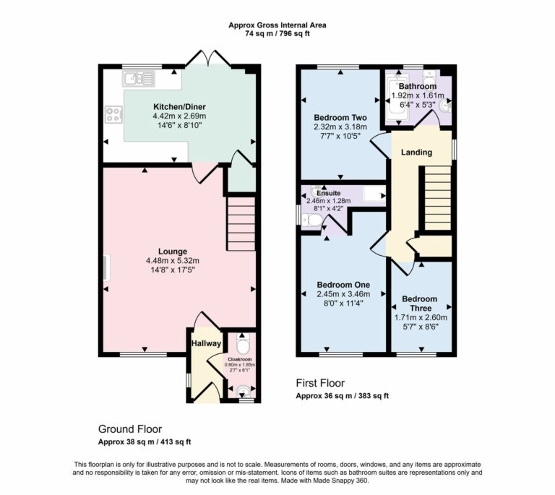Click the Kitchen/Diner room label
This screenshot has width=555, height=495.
pos(178,106)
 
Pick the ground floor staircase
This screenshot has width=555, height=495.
pos(241,224)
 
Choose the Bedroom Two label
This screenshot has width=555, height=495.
pos(340,117)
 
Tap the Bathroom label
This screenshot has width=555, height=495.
pos(418,86)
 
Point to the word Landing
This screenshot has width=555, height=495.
pos(416,152)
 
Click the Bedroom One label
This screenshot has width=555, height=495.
pos(343,285)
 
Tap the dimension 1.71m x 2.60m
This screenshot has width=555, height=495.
pos(421,317)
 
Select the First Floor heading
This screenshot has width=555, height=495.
pos(320,383)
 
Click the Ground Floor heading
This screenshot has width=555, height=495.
pos(129,429)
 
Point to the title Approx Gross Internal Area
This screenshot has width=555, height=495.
pos(277,25)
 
